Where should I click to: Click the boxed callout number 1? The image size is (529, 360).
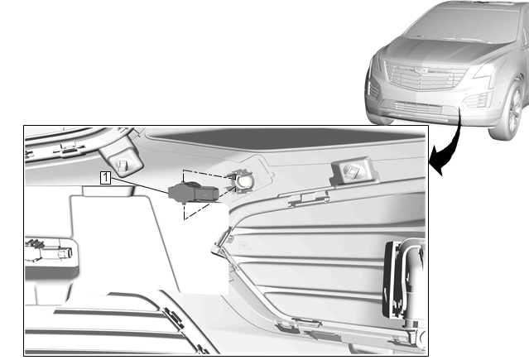click(x=105, y=177)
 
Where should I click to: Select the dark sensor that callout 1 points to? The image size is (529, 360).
click(x=194, y=193)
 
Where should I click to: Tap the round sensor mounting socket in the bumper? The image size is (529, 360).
click(x=243, y=181)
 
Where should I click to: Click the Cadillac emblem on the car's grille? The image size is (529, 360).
click(x=420, y=70)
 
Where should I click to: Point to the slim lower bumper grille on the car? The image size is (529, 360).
click(x=411, y=108)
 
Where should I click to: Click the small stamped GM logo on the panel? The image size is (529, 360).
click(x=243, y=245)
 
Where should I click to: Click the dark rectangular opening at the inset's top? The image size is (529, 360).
click(x=286, y=137)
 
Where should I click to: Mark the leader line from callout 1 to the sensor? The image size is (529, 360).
click(x=139, y=185)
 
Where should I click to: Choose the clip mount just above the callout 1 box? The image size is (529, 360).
click(x=122, y=159)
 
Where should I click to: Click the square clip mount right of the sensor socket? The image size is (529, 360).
click(x=353, y=170)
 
